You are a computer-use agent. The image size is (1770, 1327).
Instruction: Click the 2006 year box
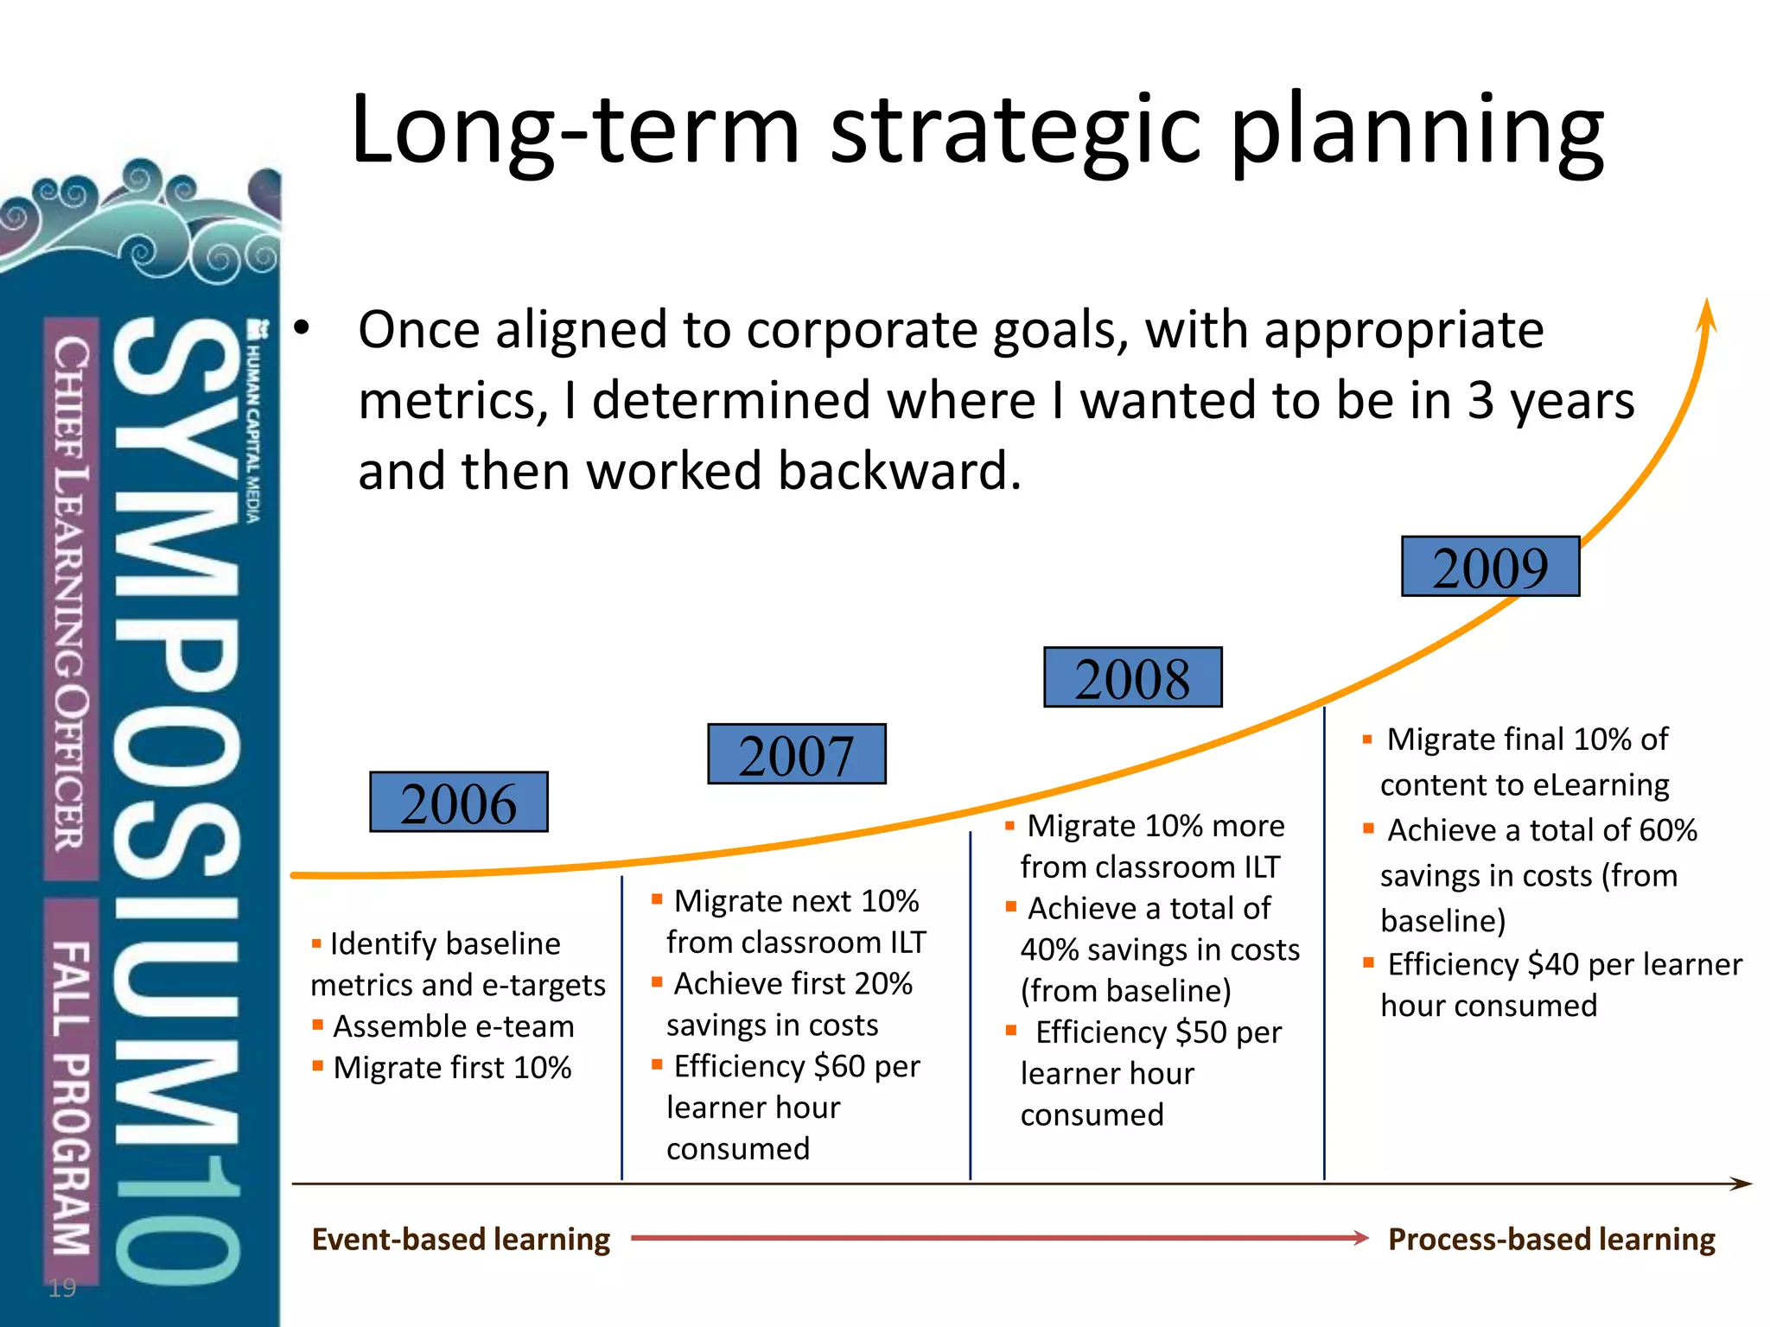tap(458, 803)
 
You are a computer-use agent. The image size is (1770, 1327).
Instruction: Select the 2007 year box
tap(796, 754)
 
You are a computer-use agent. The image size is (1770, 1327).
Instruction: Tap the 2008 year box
tap(1132, 677)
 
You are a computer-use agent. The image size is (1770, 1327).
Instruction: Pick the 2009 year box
tap(1490, 567)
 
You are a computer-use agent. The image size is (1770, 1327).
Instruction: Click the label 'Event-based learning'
tap(461, 1239)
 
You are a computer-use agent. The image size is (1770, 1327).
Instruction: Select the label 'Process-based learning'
tap(1551, 1239)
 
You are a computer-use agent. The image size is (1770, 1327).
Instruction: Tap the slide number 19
tap(62, 1288)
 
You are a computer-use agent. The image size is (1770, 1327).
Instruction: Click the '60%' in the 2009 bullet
tap(1668, 830)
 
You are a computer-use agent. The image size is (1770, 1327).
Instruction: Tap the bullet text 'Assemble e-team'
tap(453, 1026)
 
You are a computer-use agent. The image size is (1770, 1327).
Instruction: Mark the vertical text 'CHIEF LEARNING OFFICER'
tap(71, 596)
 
